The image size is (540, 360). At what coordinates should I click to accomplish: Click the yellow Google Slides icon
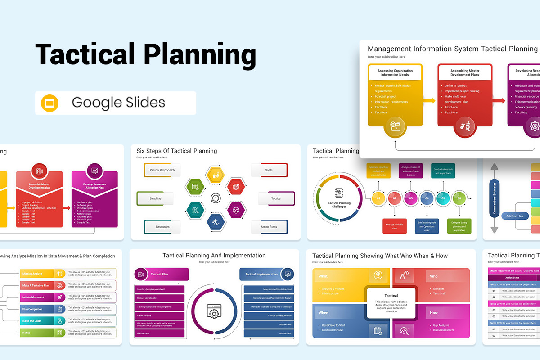(50, 103)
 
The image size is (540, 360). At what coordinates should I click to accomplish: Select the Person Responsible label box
(162, 170)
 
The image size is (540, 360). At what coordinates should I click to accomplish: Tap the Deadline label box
(155, 198)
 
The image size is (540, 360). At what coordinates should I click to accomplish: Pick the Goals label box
(269, 170)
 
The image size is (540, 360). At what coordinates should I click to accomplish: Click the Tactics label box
(276, 198)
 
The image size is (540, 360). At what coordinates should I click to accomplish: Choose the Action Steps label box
(269, 227)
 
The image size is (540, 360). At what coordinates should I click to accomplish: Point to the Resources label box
(162, 227)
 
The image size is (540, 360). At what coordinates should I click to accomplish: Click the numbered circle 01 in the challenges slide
(378, 198)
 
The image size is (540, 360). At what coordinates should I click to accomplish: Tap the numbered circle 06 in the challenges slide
(459, 198)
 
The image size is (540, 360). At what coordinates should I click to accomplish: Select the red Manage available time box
(395, 226)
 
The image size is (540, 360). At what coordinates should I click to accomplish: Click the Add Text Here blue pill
(515, 216)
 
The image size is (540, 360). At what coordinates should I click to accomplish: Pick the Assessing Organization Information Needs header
(395, 72)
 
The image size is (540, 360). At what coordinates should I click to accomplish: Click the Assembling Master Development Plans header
(465, 72)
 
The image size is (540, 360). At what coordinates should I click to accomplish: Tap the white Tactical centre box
(391, 303)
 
